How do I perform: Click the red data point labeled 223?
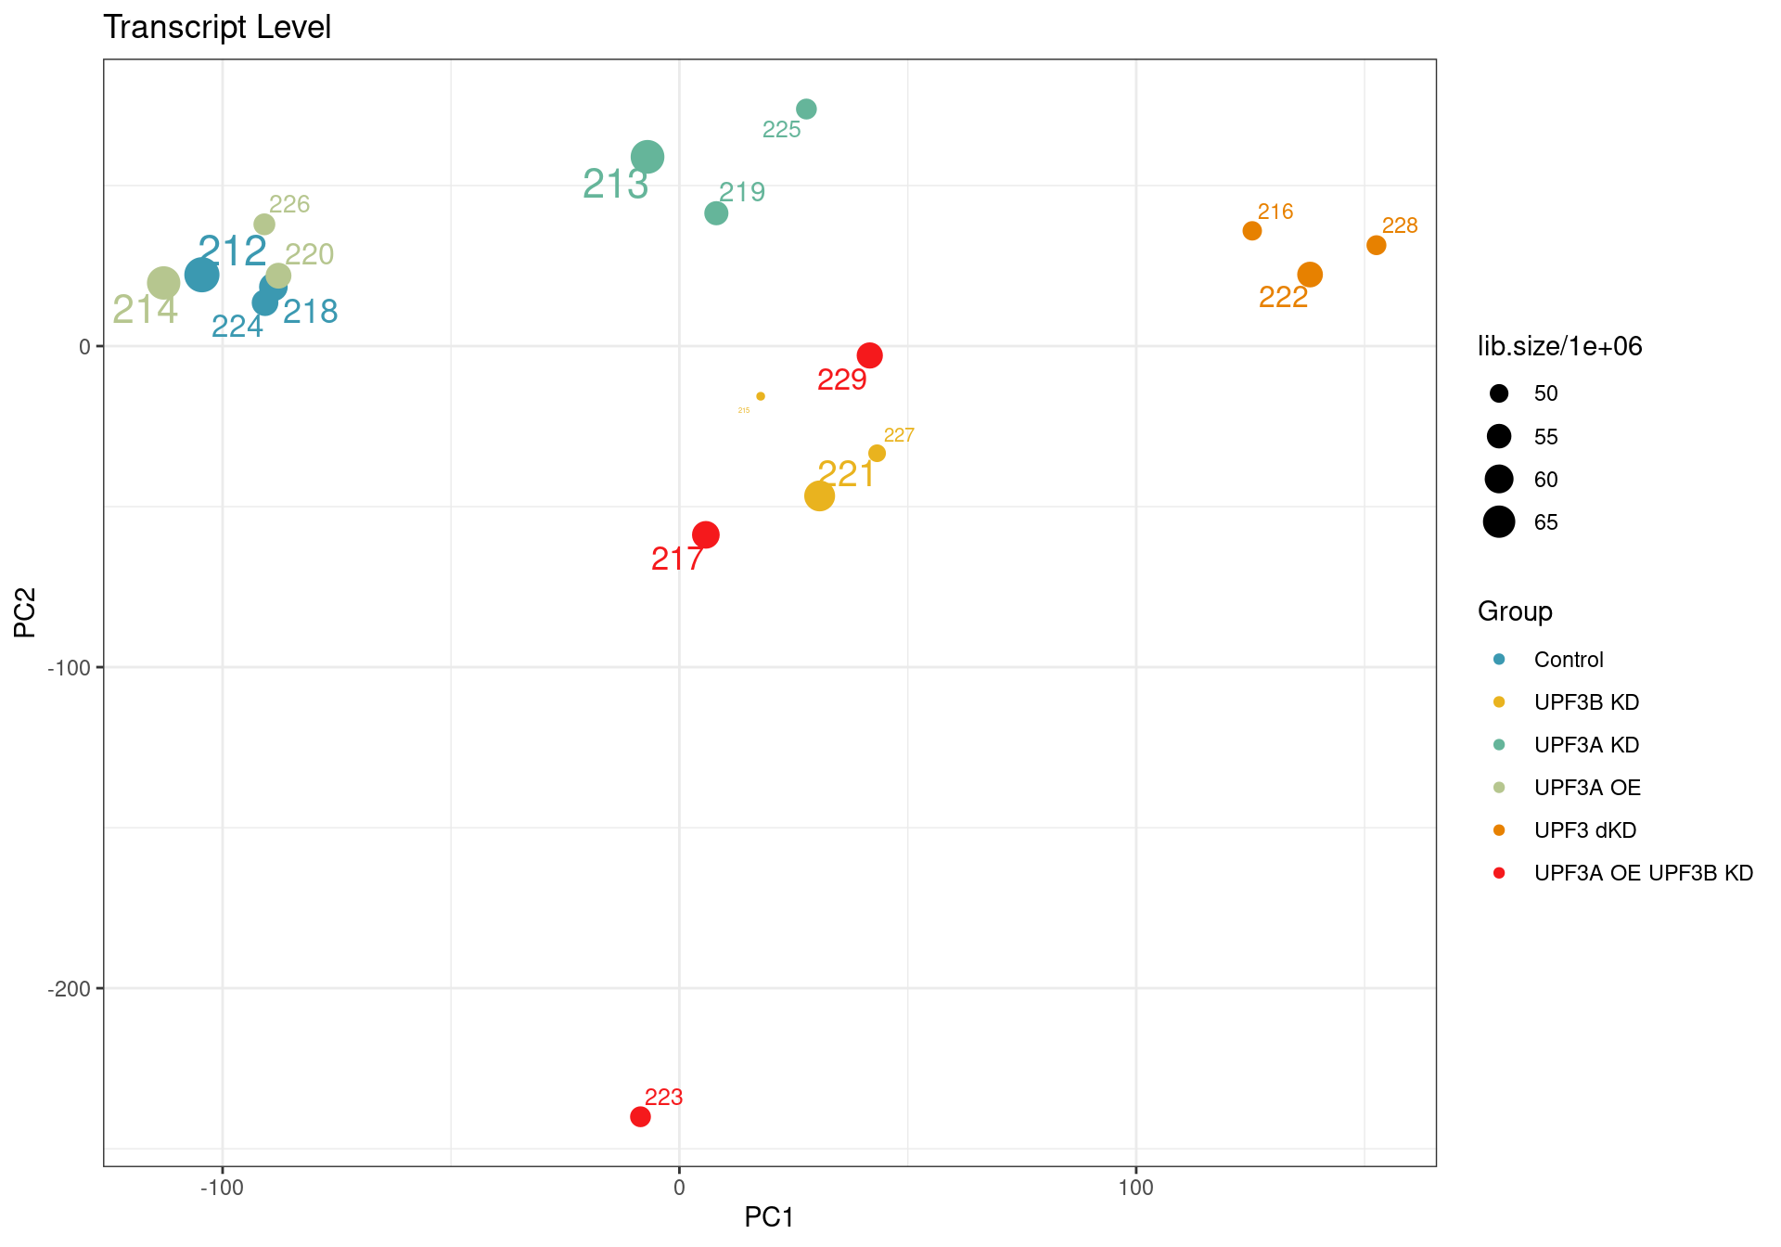[640, 1116]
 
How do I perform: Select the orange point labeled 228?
[1376, 245]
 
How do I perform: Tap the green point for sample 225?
[806, 109]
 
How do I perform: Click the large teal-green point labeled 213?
[647, 157]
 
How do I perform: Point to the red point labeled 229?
[869, 355]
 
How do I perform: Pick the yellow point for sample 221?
[819, 495]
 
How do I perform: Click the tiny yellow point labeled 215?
[761, 396]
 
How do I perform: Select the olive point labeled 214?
[163, 283]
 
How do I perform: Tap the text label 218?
[311, 312]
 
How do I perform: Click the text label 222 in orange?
[1283, 297]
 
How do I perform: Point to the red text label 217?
[677, 559]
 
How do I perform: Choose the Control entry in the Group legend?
[1568, 660]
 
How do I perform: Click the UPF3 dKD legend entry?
[1584, 830]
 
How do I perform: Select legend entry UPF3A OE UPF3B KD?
[1643, 873]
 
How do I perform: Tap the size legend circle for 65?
[1499, 522]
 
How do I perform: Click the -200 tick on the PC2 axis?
[70, 989]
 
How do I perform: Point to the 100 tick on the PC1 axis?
[1135, 1188]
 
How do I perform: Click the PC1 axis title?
[769, 1217]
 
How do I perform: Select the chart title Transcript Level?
[217, 27]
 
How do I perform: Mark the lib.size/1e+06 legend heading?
[1559, 346]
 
